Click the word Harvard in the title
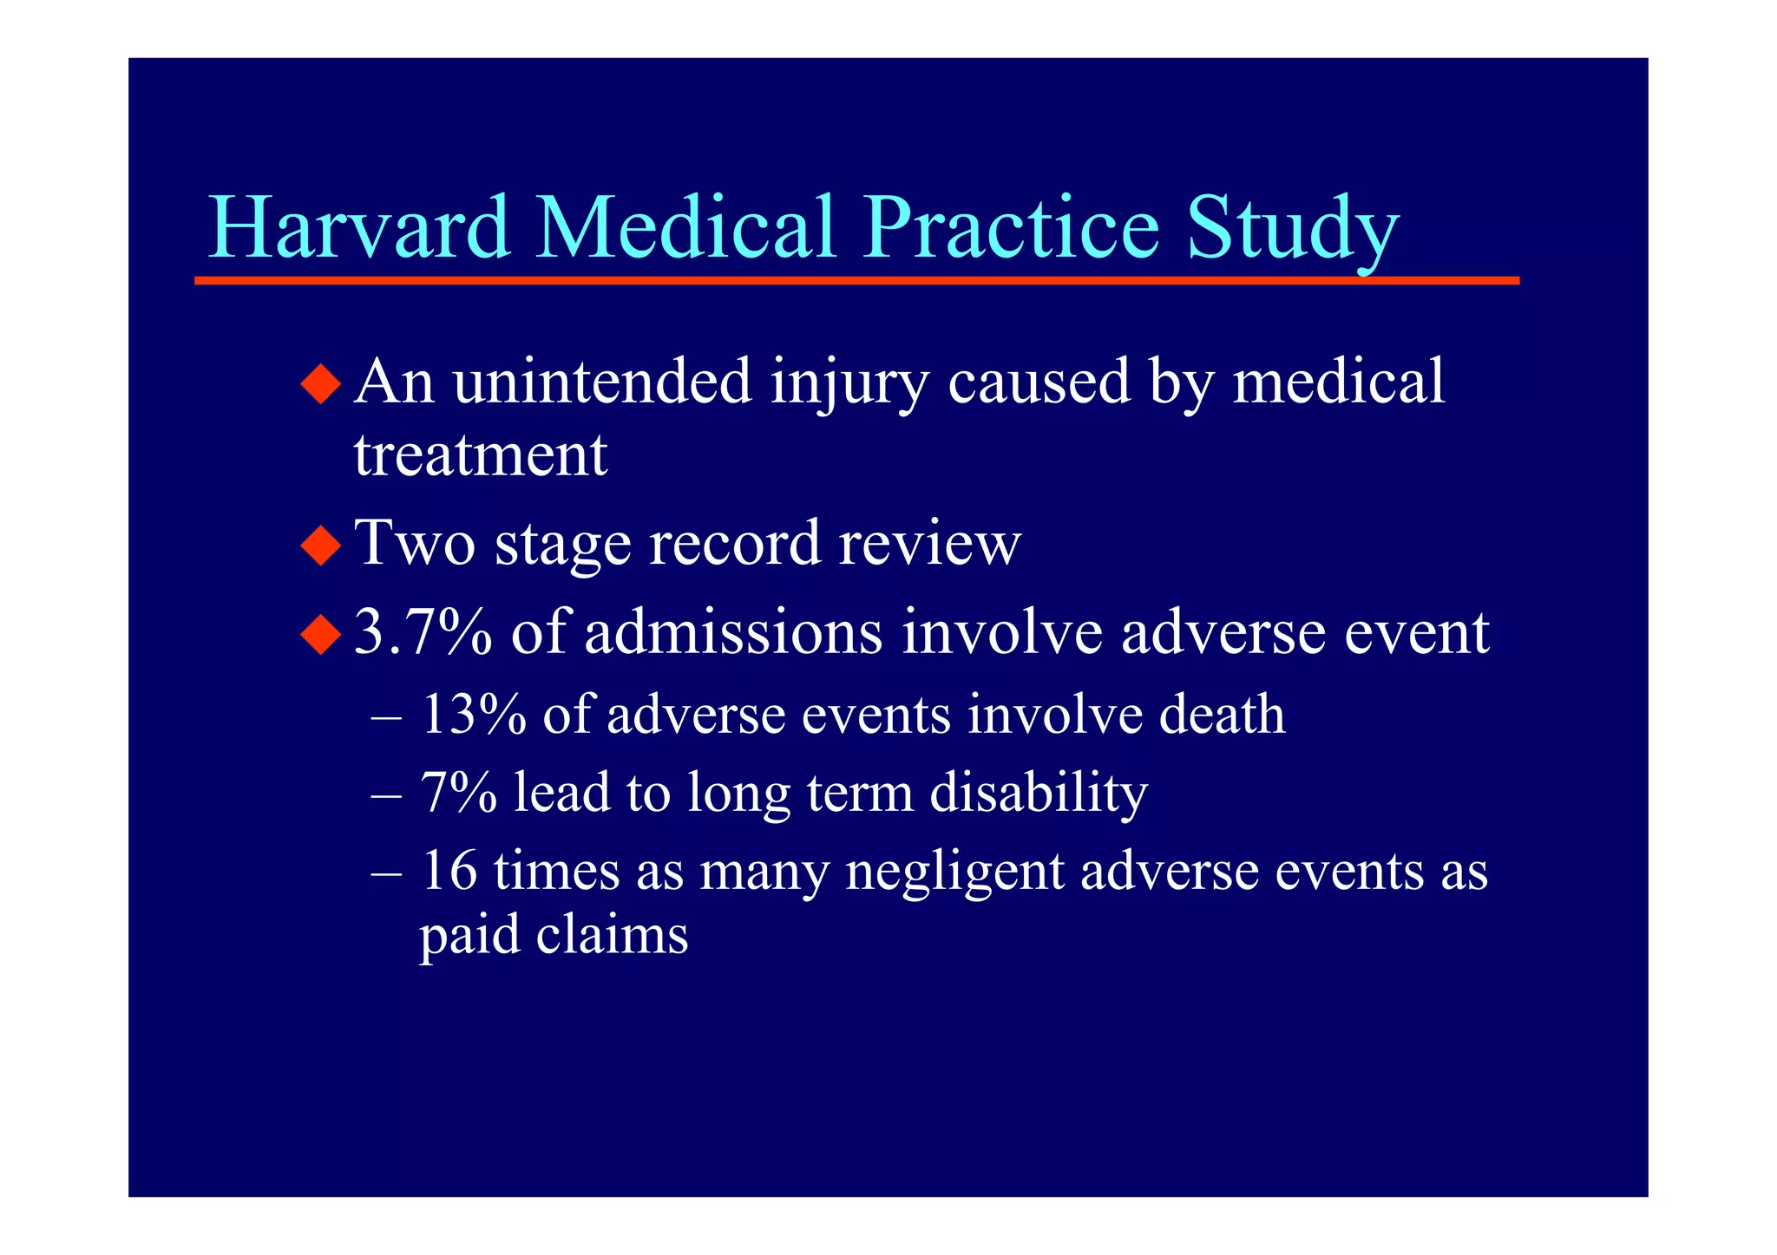point(359,227)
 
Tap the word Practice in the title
point(1010,227)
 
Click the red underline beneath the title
point(856,281)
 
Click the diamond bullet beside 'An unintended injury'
point(321,382)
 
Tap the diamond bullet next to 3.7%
point(321,633)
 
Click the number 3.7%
point(423,633)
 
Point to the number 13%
point(474,715)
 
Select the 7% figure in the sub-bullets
point(459,793)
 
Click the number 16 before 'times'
point(449,871)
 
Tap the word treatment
point(480,455)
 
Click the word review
point(929,545)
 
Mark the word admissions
point(733,633)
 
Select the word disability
point(1039,793)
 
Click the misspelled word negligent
point(954,873)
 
